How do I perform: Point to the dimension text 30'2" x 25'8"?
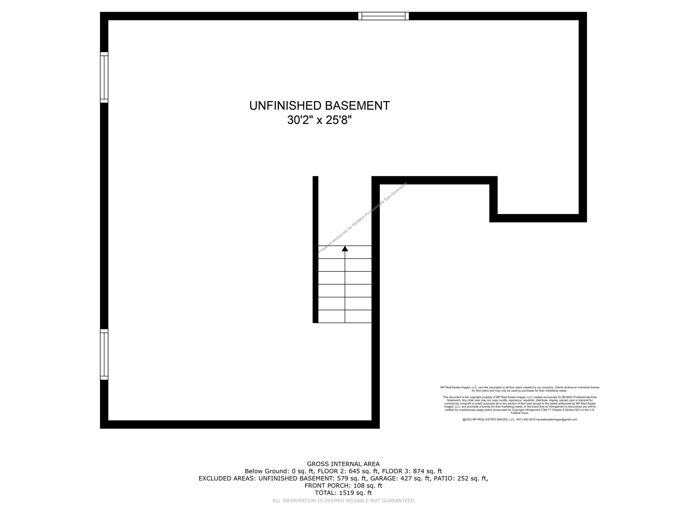tap(319, 120)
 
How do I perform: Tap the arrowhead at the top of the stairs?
tap(345, 249)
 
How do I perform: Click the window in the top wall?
tap(383, 16)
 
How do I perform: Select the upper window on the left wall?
tap(104, 77)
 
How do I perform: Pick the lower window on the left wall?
tap(104, 355)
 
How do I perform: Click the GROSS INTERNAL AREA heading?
tap(343, 464)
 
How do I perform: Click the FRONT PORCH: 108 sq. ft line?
tap(343, 485)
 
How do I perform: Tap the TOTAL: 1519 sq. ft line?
tap(343, 493)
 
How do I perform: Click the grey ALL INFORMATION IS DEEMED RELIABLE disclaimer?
tap(343, 501)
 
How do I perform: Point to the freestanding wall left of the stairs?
tap(315, 249)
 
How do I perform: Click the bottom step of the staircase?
tap(345, 316)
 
